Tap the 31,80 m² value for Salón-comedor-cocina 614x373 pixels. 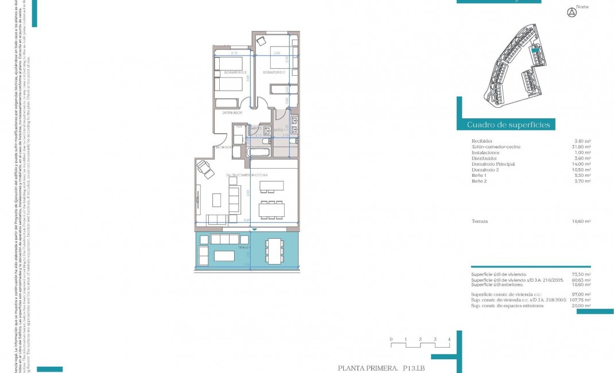pos(582,147)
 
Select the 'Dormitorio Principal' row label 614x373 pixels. pos(493,164)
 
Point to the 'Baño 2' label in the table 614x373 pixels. pos(479,181)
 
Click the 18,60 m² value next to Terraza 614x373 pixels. pos(582,221)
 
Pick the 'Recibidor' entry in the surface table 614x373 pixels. pos(482,141)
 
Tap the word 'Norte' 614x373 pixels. pos(582,7)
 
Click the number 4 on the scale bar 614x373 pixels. pos(449,339)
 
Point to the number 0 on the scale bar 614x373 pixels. pos(391,339)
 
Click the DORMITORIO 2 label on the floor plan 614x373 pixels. pos(235,73)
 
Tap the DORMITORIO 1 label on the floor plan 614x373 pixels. pos(274,73)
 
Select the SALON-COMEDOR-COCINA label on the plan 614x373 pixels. pos(247,174)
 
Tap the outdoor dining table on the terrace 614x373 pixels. pos(274,251)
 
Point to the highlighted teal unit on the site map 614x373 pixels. pos(535,50)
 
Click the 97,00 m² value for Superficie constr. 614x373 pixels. pos(582,294)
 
